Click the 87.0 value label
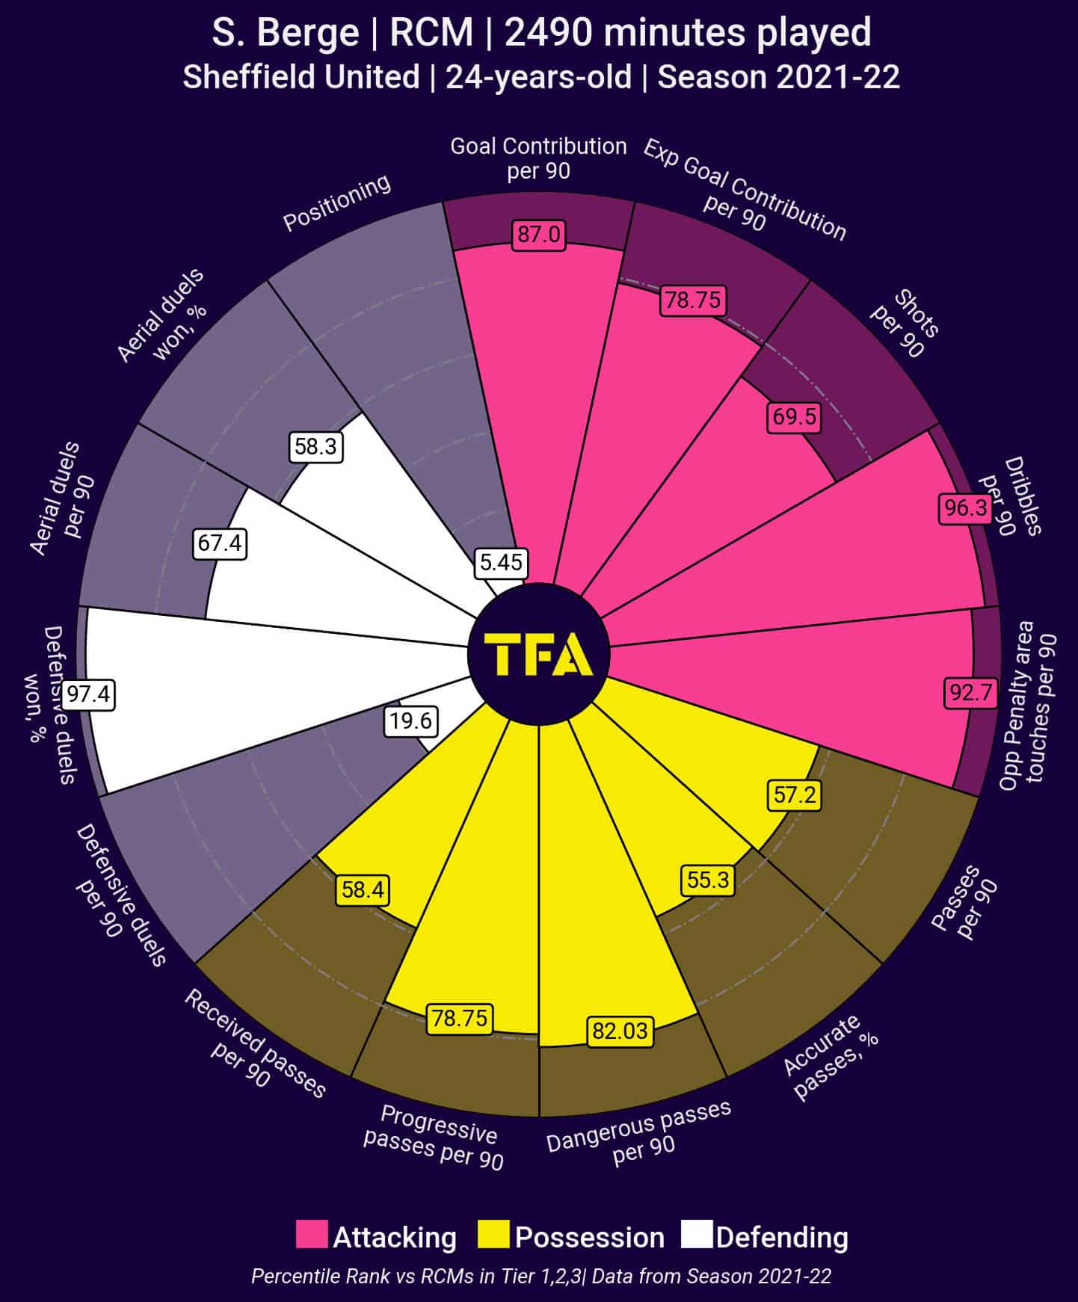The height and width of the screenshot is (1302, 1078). point(538,235)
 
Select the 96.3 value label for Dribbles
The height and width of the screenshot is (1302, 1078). point(966,508)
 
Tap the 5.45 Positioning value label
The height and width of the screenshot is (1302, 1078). point(501,562)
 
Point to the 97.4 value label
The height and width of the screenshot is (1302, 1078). point(88,694)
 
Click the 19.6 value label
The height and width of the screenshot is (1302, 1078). point(411,721)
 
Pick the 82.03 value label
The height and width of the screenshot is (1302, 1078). point(620,1031)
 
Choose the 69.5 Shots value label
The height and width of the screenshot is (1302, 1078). point(794,416)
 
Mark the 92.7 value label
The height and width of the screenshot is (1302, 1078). point(970,692)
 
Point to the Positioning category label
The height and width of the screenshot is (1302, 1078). point(337,203)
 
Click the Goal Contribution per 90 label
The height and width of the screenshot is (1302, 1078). point(538,158)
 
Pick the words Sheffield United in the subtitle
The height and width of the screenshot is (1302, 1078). point(301,78)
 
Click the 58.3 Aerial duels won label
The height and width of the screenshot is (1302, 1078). point(315,447)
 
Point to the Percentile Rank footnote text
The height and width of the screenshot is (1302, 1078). point(541,1276)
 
